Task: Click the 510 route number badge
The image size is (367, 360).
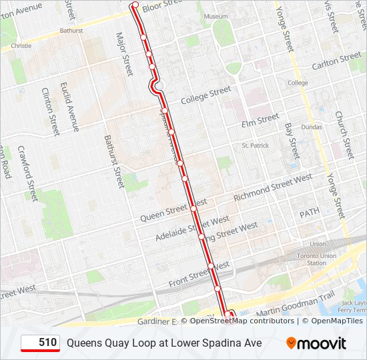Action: (40, 343)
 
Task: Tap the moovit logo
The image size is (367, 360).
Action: (316, 343)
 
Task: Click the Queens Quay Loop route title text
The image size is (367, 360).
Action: (163, 343)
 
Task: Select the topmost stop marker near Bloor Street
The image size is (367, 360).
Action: (135, 5)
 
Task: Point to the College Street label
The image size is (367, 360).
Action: (206, 95)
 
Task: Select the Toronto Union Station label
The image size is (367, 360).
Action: (306, 259)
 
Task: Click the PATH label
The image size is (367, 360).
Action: (309, 213)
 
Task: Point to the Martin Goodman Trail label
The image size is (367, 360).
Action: (294, 305)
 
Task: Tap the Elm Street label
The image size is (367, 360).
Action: (260, 121)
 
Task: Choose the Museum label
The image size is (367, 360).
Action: (216, 16)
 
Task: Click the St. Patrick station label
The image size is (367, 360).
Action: (254, 145)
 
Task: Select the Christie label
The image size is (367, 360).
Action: (21, 46)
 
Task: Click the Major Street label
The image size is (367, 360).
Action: (125, 53)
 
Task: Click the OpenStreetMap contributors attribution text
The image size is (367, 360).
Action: (241, 321)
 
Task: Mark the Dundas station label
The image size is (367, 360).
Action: (311, 126)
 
